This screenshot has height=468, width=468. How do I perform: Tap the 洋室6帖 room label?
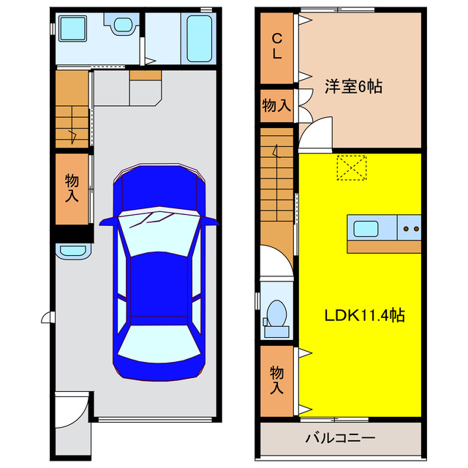pyautogui.click(x=352, y=86)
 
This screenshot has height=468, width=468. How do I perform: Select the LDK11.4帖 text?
pyautogui.click(x=364, y=316)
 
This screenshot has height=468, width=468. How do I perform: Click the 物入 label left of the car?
pyautogui.click(x=72, y=188)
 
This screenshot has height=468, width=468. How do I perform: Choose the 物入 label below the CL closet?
pyautogui.click(x=276, y=105)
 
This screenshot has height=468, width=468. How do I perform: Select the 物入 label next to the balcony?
pyautogui.click(x=277, y=379)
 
